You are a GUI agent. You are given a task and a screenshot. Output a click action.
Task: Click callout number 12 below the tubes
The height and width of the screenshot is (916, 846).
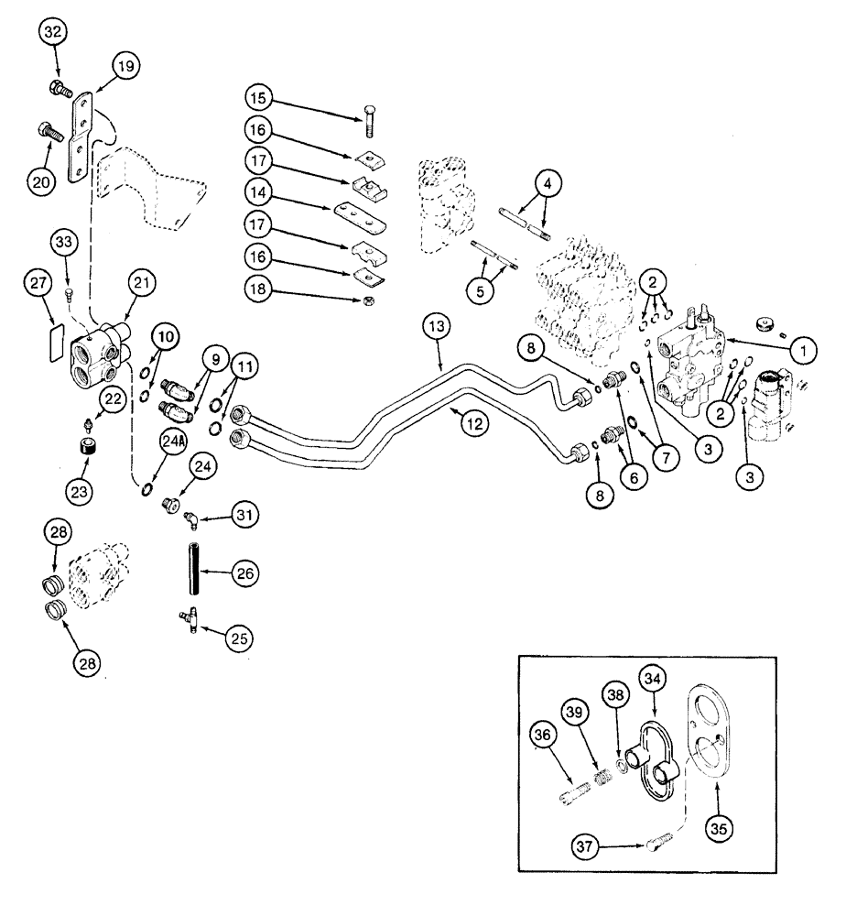[469, 424]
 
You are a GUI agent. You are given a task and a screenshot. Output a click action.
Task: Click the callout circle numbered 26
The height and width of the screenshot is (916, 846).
[243, 574]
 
